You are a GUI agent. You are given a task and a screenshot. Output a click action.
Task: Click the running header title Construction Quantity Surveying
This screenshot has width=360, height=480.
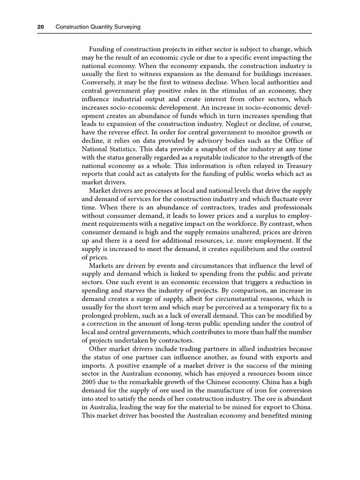pyautogui.click(x=98, y=28)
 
